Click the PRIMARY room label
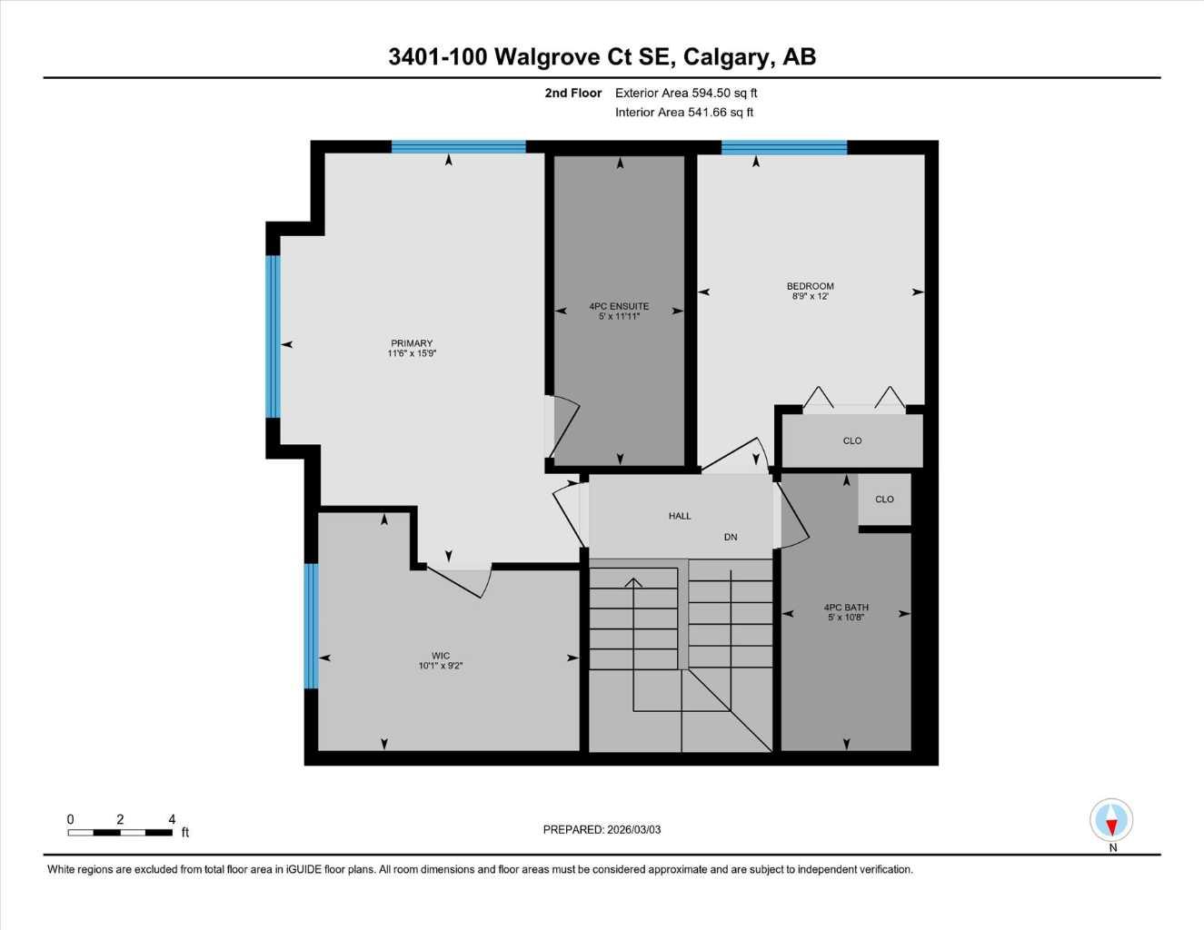(x=412, y=343)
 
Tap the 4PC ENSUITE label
(x=619, y=306)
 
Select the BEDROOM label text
(x=810, y=286)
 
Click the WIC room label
(x=441, y=656)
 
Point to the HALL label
(x=680, y=516)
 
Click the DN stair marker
(x=731, y=537)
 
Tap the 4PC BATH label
(x=846, y=608)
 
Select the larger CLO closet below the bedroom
(x=852, y=440)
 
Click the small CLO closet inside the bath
(x=884, y=499)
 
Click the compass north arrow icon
(x=1111, y=821)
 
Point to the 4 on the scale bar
(x=172, y=819)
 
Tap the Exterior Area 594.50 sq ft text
(x=686, y=93)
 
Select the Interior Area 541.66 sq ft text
(x=684, y=113)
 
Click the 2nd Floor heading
(x=573, y=93)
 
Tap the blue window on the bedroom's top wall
(x=783, y=147)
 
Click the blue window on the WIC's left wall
(x=311, y=626)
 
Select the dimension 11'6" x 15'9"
(x=412, y=354)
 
